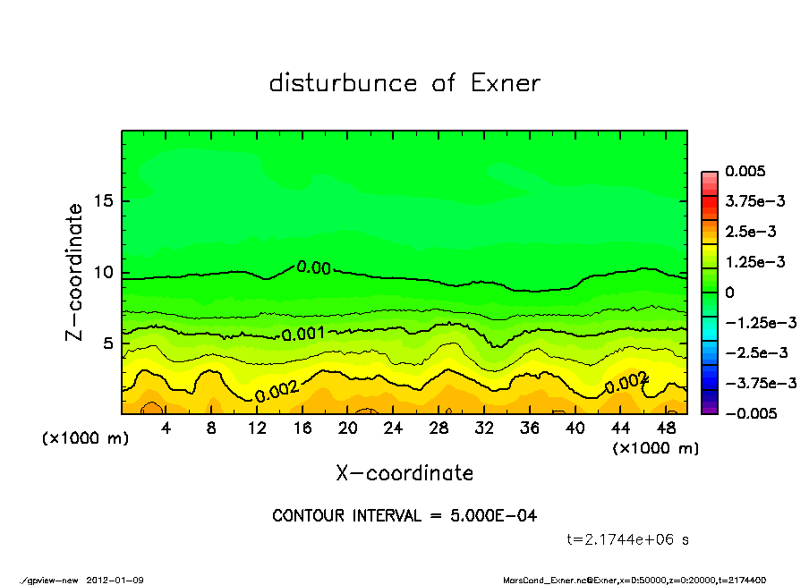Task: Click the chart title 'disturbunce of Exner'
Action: click(x=404, y=83)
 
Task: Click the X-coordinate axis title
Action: click(x=404, y=472)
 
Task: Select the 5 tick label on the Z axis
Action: click(x=107, y=343)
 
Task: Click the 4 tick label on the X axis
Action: click(x=166, y=428)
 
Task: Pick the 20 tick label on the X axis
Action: click(x=348, y=428)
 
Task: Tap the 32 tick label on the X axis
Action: click(x=484, y=428)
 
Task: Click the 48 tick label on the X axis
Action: click(x=665, y=428)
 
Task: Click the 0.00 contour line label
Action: click(x=313, y=267)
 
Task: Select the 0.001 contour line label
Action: click(x=303, y=335)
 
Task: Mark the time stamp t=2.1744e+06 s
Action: click(x=627, y=540)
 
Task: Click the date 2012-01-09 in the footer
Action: click(x=115, y=581)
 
